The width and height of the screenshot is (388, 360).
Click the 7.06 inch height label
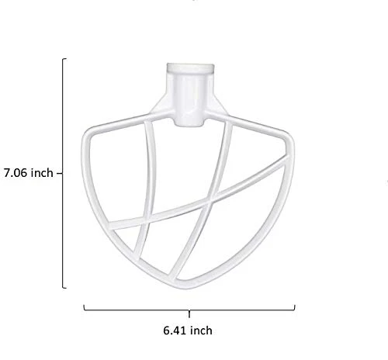29,173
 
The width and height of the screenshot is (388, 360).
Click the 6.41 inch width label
188,331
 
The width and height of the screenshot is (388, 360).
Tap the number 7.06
16,173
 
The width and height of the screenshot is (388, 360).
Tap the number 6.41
175,331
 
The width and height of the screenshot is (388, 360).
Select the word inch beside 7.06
42,173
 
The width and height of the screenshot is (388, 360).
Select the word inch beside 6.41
201,331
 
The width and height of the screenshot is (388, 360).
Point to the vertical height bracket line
63,173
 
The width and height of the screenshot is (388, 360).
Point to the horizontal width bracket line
189,310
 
